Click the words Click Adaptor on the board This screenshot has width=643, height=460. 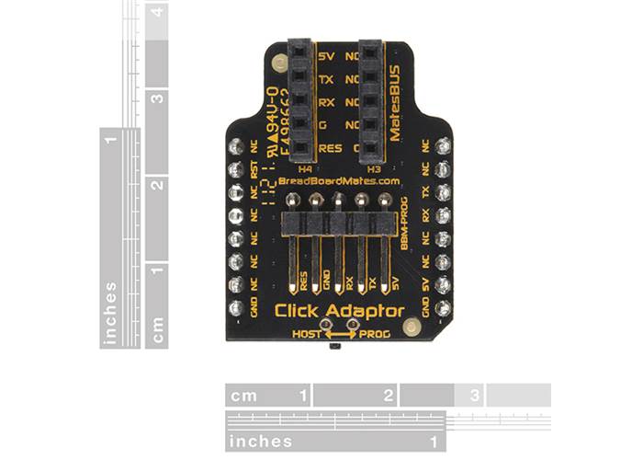click(340, 311)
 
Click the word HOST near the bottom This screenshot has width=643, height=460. click(306, 333)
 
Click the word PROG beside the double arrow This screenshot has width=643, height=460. click(376, 333)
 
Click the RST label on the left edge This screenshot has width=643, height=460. click(254, 169)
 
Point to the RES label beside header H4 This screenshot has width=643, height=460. click(330, 147)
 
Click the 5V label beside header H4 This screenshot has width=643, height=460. click(326, 56)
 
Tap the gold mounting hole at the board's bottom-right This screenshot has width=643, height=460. click(412, 325)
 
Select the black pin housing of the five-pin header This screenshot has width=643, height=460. click(339, 223)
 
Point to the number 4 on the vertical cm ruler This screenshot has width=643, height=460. click(161, 13)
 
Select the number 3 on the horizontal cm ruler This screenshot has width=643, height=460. click(475, 396)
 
